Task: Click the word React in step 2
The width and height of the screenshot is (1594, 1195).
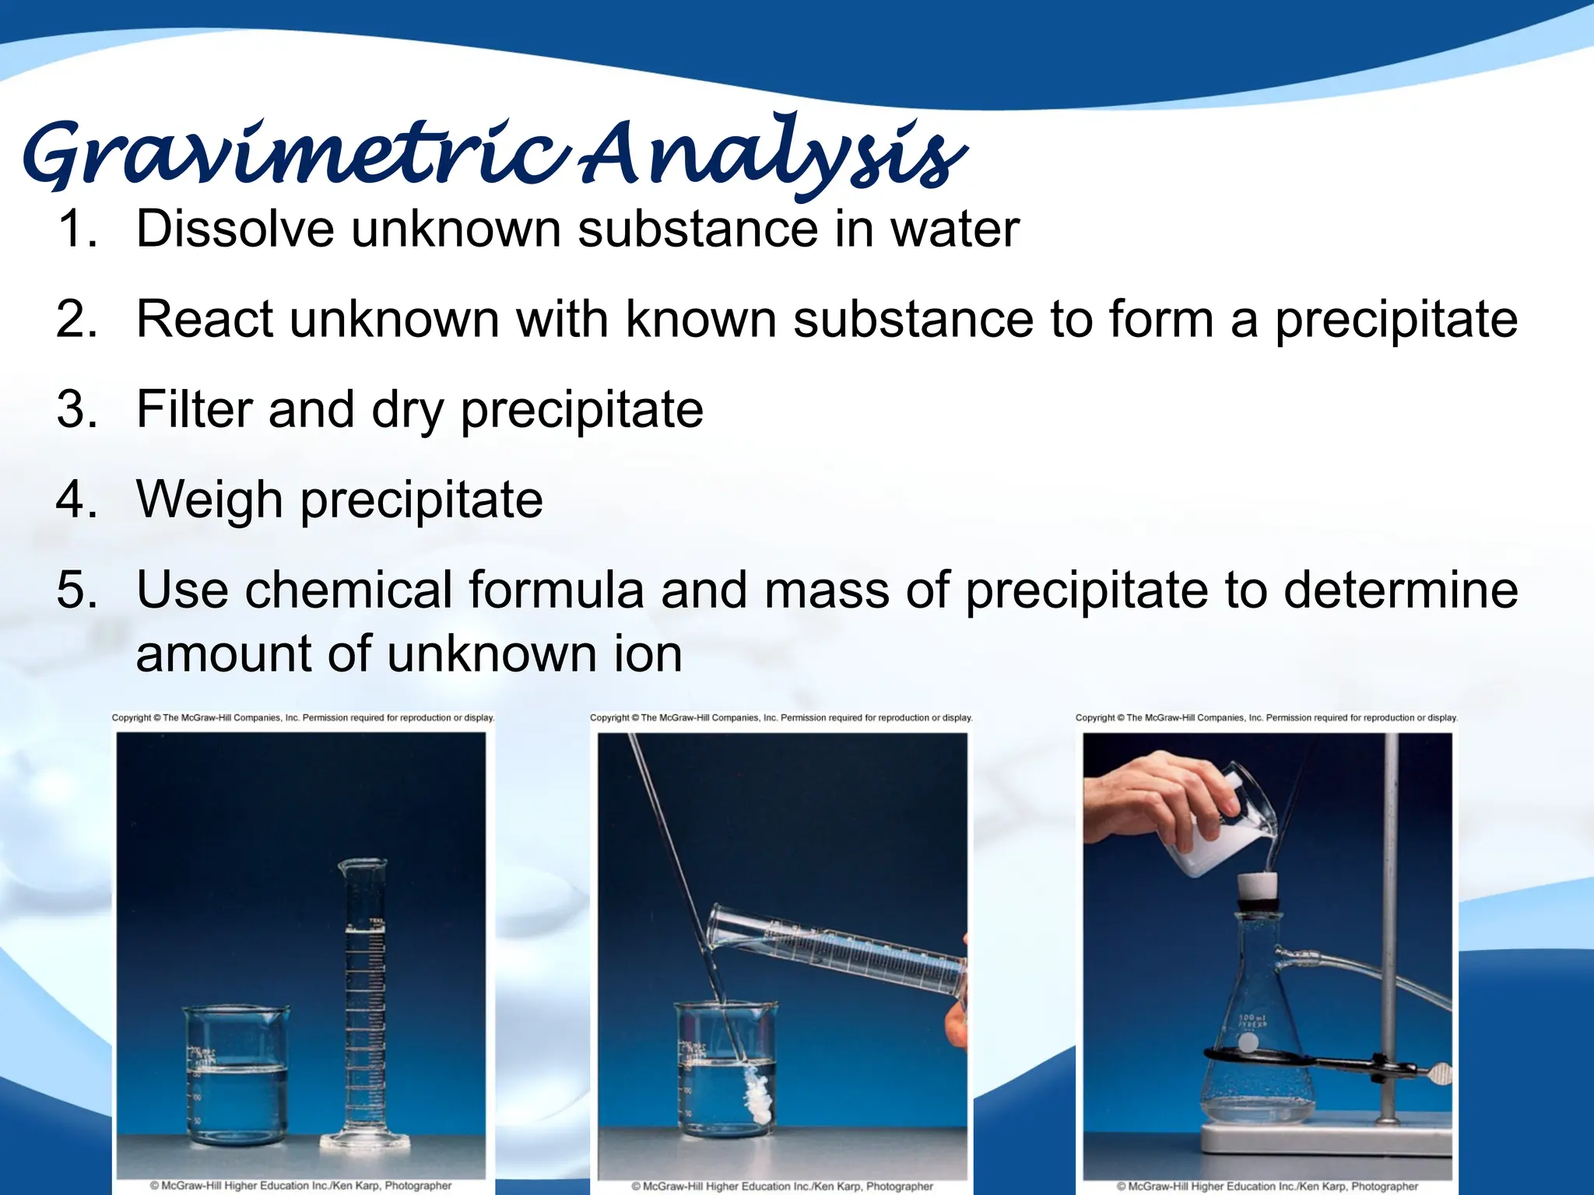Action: (x=205, y=320)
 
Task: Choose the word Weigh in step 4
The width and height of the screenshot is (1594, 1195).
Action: (x=209, y=499)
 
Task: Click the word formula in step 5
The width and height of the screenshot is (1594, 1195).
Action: (x=555, y=590)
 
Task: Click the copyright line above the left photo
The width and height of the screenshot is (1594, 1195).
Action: (x=303, y=717)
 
